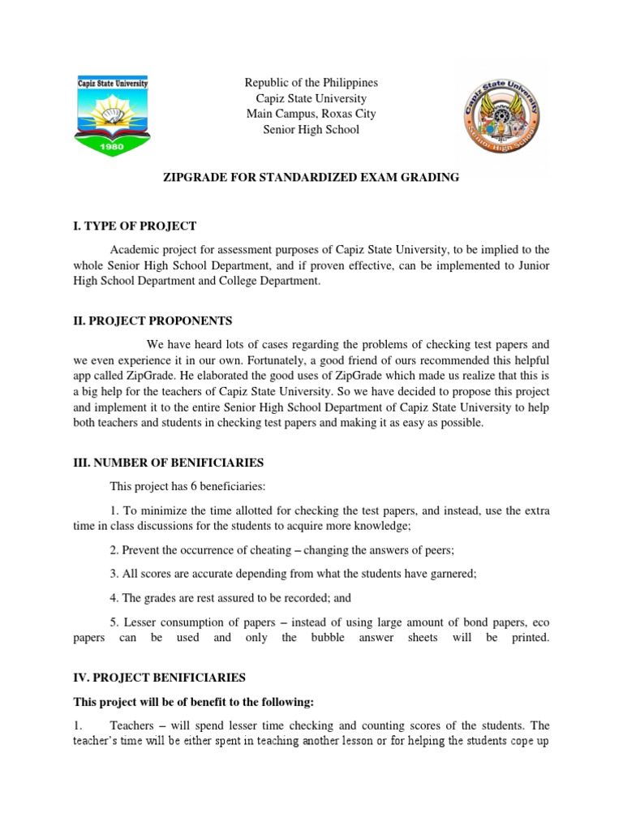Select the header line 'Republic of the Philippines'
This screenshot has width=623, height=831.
point(311,83)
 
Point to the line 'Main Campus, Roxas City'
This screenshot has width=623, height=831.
point(311,114)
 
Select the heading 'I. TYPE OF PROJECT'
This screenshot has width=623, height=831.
point(135,225)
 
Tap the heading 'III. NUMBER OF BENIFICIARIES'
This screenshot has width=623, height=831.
point(168,463)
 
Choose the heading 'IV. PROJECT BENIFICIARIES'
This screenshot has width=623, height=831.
point(159,676)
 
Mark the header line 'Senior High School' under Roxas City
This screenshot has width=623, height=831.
point(311,129)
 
